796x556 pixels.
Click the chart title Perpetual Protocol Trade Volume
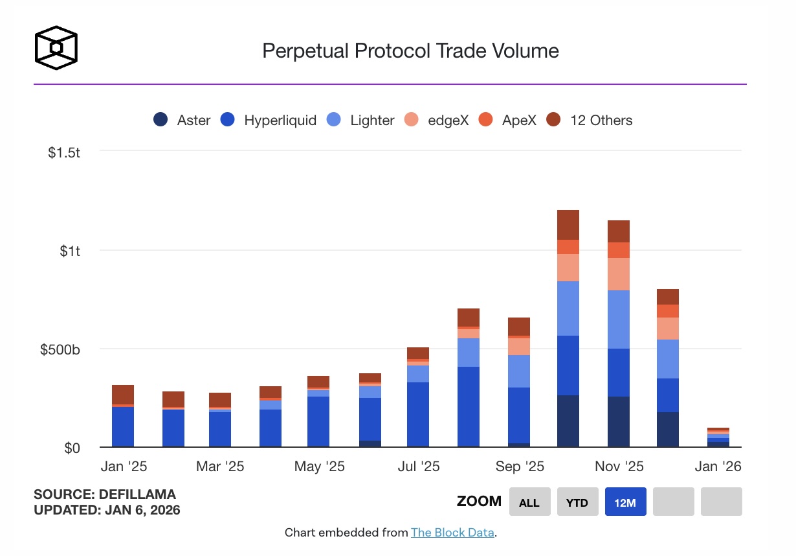(410, 51)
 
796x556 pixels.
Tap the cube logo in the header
(56, 47)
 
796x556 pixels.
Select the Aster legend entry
(182, 120)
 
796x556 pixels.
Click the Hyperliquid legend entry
(269, 120)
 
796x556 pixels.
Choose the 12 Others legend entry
(589, 120)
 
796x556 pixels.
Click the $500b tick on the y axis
(60, 349)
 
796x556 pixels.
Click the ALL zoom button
(529, 502)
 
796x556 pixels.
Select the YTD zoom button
(577, 502)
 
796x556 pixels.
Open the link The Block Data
(452, 533)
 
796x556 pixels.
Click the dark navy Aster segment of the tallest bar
(568, 421)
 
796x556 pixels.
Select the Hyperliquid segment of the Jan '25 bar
(123, 426)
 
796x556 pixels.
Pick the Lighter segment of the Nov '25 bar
(619, 319)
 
